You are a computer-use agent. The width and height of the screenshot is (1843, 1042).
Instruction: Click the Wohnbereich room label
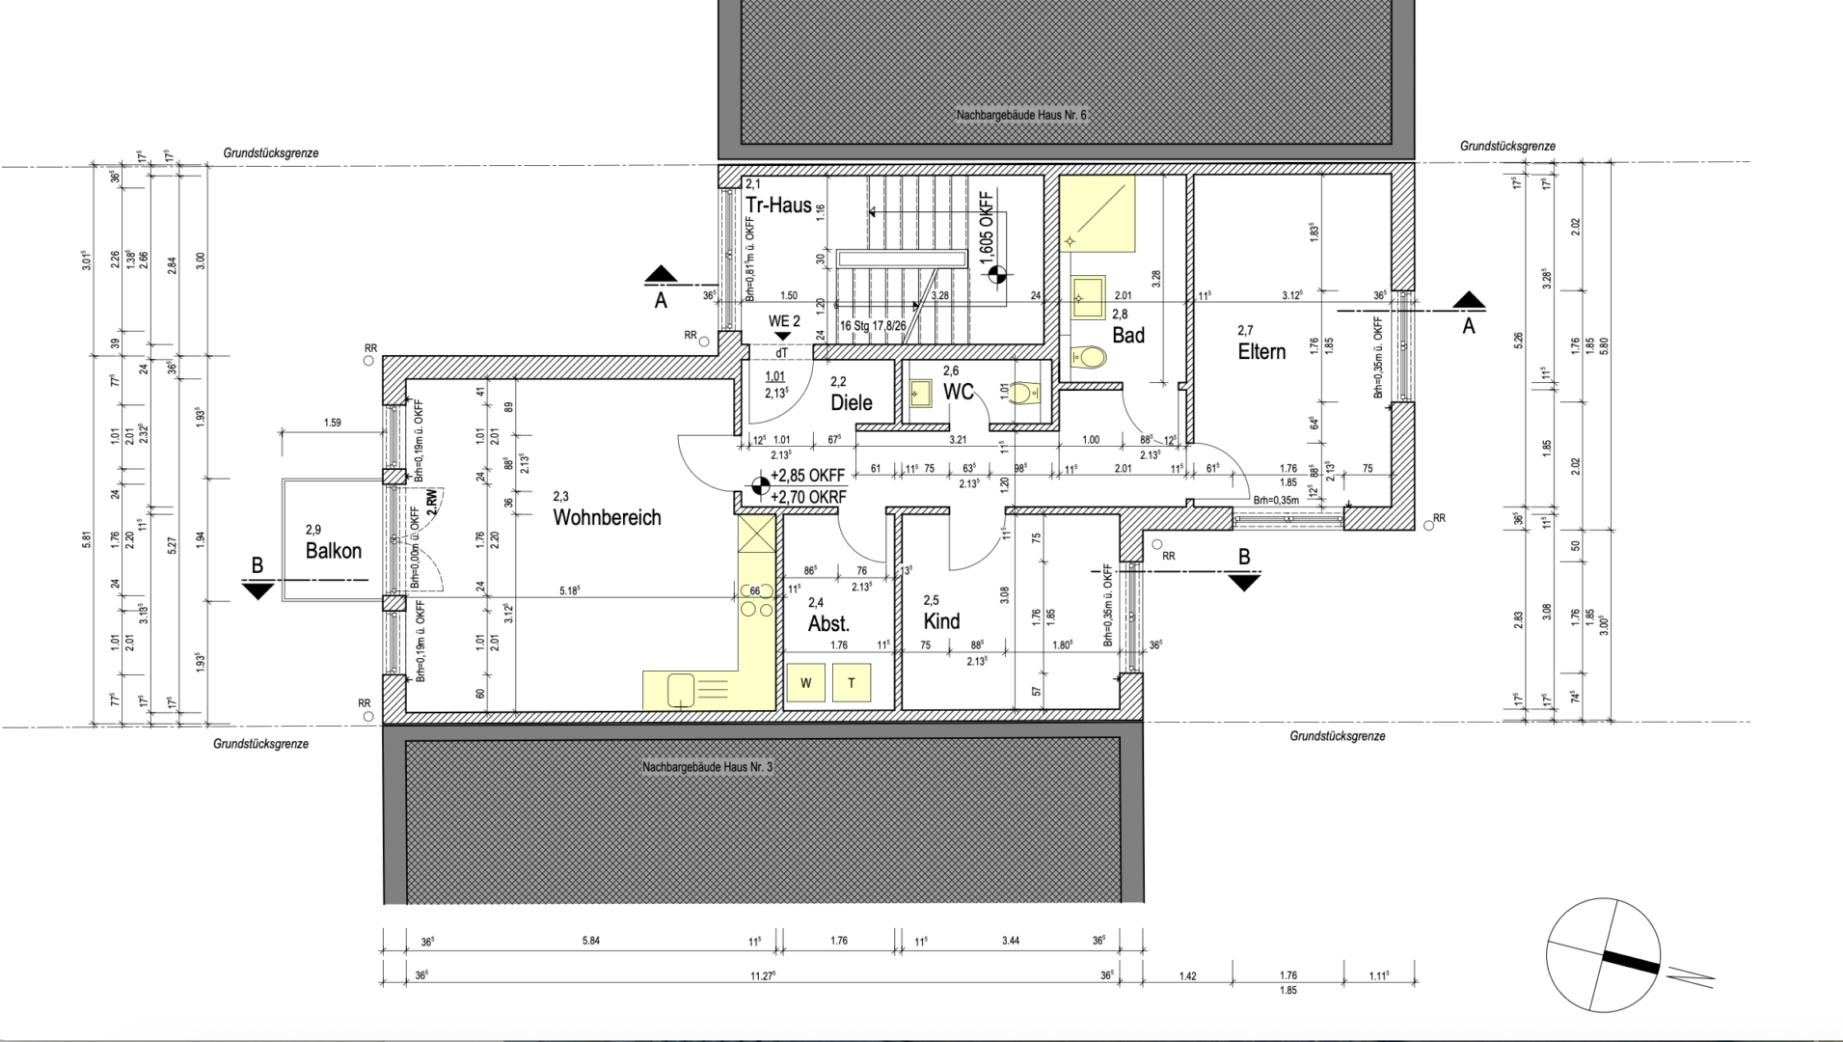(607, 517)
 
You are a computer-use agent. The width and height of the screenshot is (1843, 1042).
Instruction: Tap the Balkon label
(333, 551)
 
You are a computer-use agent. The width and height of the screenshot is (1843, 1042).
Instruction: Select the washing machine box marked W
(806, 683)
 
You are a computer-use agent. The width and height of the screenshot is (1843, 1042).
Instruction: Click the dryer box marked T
(851, 683)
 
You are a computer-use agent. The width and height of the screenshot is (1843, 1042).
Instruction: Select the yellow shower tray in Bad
(1097, 213)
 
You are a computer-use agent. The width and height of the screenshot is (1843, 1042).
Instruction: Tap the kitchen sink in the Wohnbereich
(682, 689)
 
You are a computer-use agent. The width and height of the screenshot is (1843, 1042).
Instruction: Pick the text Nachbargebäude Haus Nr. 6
(1021, 116)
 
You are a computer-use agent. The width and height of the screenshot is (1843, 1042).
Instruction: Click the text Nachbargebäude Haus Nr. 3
(708, 768)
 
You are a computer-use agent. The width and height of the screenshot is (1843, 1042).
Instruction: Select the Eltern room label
(1261, 351)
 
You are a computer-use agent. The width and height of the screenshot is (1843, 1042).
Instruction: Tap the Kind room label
(941, 621)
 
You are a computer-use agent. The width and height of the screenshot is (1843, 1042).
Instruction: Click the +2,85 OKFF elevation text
(807, 476)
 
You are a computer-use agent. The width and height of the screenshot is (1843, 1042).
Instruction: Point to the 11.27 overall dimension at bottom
(762, 976)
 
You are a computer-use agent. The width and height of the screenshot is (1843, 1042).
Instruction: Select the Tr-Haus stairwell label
(777, 205)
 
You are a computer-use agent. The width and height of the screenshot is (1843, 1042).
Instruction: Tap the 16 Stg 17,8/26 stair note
(872, 326)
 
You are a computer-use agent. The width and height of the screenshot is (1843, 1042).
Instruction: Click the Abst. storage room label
(828, 623)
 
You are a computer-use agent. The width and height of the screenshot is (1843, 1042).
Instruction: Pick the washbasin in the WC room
(920, 393)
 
